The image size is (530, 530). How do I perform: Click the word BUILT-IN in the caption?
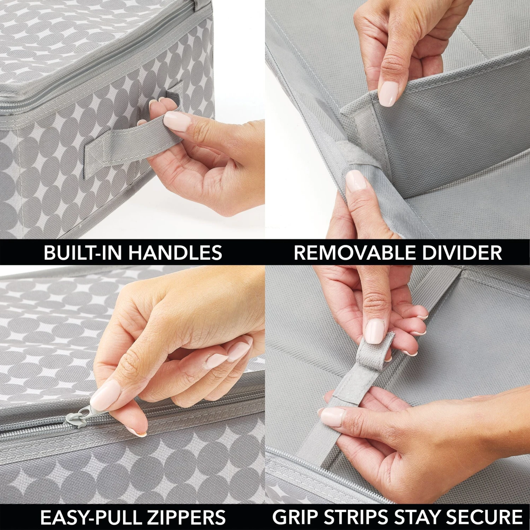point(83,253)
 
